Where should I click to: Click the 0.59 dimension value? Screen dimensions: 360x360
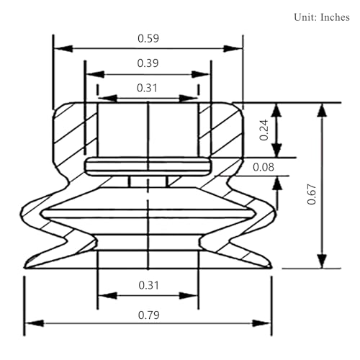click(x=148, y=38)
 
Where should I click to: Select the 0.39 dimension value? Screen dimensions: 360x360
click(x=148, y=63)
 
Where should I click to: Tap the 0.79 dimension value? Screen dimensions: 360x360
click(x=149, y=315)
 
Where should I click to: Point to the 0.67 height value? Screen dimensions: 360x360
click(x=312, y=194)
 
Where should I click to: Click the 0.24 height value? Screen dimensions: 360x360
click(x=264, y=130)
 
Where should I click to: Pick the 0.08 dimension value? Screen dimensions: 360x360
click(x=264, y=167)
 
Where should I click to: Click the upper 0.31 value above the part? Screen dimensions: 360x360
click(x=147, y=88)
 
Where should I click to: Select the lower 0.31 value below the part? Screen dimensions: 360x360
click(x=149, y=285)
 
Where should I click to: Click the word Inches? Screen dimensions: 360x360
click(x=335, y=17)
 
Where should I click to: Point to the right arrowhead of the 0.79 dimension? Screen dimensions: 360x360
click(x=262, y=323)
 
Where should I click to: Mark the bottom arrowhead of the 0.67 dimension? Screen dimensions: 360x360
click(x=323, y=261)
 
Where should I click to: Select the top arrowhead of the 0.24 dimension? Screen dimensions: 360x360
click(x=277, y=110)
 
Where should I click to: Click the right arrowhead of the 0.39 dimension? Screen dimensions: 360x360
click(x=201, y=74)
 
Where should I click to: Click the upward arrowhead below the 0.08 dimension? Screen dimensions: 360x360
click(x=278, y=184)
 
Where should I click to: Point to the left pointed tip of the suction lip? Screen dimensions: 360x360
click(x=24, y=268)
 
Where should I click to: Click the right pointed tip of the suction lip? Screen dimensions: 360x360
click(x=271, y=268)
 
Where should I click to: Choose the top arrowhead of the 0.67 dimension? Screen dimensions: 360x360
click(x=323, y=110)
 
